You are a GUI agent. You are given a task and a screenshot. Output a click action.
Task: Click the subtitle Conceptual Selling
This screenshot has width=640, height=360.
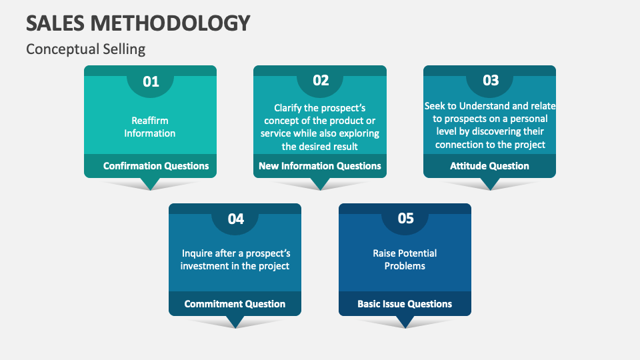point(85,49)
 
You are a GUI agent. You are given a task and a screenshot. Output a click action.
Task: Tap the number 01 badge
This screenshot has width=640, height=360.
point(151,81)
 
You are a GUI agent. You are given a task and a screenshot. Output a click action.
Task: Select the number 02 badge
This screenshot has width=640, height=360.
point(321,81)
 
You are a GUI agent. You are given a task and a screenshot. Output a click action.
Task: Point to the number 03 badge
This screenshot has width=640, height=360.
point(490,81)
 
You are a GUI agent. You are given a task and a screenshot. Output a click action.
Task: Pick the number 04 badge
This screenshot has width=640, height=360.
point(235,219)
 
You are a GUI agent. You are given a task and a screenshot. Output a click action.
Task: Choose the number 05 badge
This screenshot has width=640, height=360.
point(405,219)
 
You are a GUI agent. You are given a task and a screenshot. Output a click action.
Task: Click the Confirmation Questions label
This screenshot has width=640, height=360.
point(156,166)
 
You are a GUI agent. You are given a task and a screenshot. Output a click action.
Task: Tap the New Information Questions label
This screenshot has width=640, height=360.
point(320,166)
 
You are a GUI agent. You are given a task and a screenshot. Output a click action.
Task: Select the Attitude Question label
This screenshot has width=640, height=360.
point(489,166)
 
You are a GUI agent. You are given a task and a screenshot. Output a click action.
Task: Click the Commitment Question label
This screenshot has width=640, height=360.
point(235,304)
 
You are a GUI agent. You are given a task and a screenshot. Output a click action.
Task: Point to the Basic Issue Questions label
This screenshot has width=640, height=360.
point(405,304)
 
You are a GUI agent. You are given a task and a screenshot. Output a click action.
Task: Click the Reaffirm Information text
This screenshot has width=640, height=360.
point(150,127)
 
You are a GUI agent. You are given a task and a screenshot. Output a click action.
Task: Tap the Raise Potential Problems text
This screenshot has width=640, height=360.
point(405,259)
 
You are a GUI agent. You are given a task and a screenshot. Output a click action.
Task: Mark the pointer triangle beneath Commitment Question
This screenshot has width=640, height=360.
point(235,321)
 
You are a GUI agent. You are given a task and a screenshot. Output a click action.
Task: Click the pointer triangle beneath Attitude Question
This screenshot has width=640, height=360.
point(490,184)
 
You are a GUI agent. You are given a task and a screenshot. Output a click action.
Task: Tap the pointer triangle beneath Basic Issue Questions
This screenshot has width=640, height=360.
point(405,321)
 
